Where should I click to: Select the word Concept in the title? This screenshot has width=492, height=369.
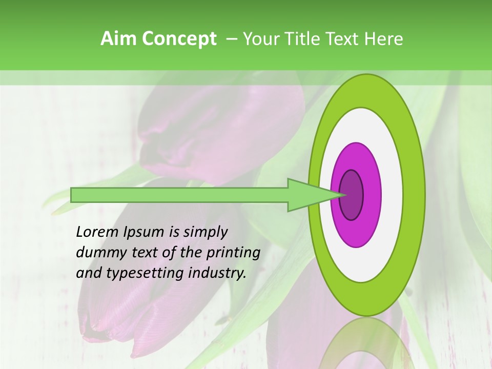179,39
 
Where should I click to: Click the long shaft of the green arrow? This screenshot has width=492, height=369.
179,195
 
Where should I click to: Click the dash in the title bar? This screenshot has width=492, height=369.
231,39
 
